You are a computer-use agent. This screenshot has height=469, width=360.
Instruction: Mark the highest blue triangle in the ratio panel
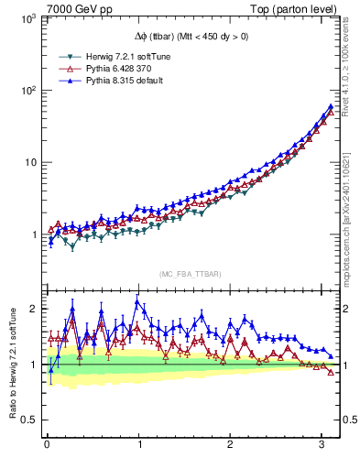click(x=137, y=301)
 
